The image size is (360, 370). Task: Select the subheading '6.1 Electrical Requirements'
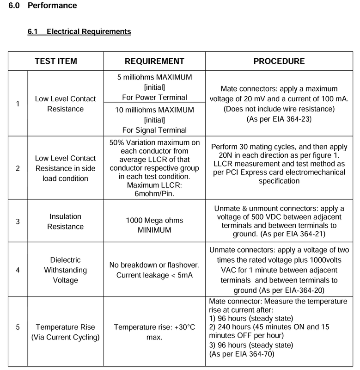coord(80,31)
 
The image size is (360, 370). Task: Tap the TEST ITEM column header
coord(56,61)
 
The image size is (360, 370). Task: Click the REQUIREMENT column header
coord(154,61)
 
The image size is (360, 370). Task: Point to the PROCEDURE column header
coord(279,61)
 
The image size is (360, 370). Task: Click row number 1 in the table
coord(18,104)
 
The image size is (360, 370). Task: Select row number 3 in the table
coord(18,222)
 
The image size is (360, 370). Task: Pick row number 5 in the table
coord(18,327)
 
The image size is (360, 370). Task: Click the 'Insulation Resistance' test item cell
coord(65,222)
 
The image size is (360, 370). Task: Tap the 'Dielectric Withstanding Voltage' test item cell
coord(65,269)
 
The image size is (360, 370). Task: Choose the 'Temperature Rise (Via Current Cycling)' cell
coord(65,332)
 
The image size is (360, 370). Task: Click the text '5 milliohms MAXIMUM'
coord(154,77)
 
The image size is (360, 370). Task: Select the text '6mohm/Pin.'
coord(154,193)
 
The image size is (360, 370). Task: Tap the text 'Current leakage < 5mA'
coord(154,274)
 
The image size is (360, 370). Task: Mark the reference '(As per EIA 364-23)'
coord(279,119)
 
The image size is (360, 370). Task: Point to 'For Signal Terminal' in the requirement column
coord(154,130)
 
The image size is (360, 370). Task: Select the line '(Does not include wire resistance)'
coord(279,109)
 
